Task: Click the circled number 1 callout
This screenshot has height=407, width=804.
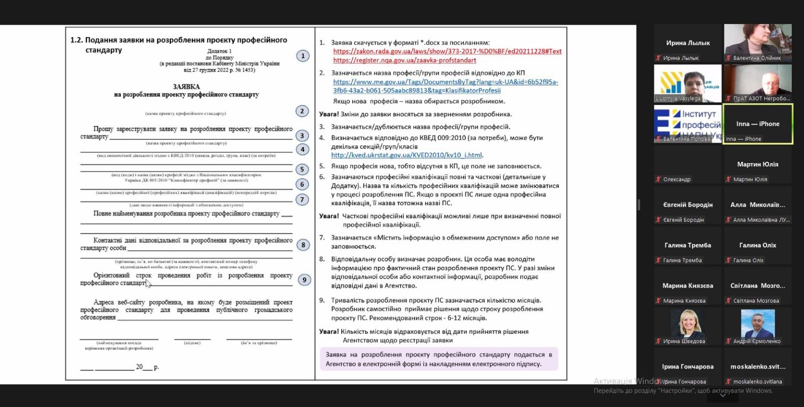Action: (303, 56)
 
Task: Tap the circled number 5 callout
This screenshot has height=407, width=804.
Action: (302, 169)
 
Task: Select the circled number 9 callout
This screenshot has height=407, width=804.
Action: (304, 280)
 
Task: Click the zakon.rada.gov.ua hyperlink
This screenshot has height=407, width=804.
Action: (447, 51)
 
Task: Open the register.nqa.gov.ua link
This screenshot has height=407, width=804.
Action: (405, 60)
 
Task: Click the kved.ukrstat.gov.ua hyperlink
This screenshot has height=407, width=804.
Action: (407, 155)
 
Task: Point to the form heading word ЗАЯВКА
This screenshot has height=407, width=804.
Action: (186, 86)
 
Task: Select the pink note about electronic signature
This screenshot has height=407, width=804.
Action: (439, 359)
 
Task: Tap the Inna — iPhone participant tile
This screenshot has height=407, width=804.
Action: (758, 124)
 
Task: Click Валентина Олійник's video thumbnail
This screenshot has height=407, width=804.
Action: (758, 43)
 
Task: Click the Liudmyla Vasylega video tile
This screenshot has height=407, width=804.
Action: (687, 83)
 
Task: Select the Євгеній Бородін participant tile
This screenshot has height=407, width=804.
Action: (687, 206)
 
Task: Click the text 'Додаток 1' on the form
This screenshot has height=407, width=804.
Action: (220, 51)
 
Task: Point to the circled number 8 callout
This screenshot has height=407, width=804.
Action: (303, 245)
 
